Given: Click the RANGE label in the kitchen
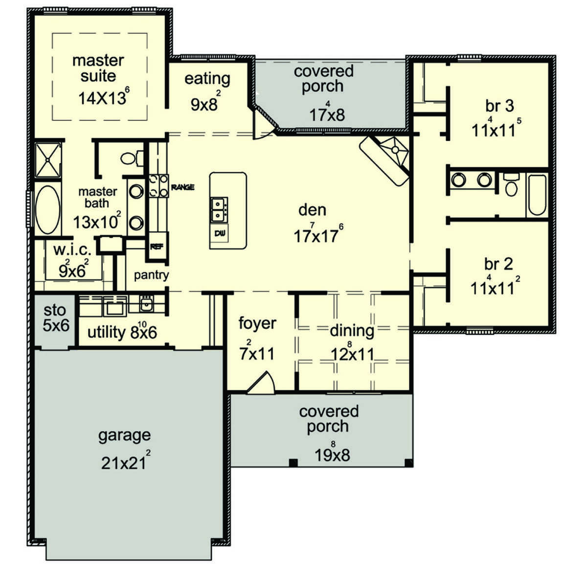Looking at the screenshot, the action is tap(182, 187).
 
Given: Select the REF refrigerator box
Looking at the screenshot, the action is tap(157, 247).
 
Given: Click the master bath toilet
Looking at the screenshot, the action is tap(132, 158).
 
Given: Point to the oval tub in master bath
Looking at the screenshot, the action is tap(47, 210).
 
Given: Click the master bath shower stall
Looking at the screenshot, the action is tap(48, 160).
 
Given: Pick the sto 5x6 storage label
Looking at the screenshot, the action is tap(56, 318).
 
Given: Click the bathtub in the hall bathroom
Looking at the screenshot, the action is tap(537, 195).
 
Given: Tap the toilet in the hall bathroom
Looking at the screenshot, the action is tap(511, 184).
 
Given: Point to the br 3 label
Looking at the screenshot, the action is tap(499, 106).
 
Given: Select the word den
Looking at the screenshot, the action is tap(312, 210).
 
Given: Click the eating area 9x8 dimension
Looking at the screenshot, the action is tap(206, 102).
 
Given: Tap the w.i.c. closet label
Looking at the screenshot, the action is tap(72, 250).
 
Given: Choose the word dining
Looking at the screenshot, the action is tap(352, 331).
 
